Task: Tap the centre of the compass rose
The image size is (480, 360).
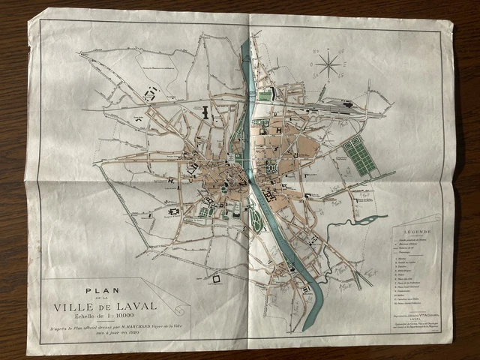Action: tap(328, 64)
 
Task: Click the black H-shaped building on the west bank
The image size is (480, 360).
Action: tap(203, 112)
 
